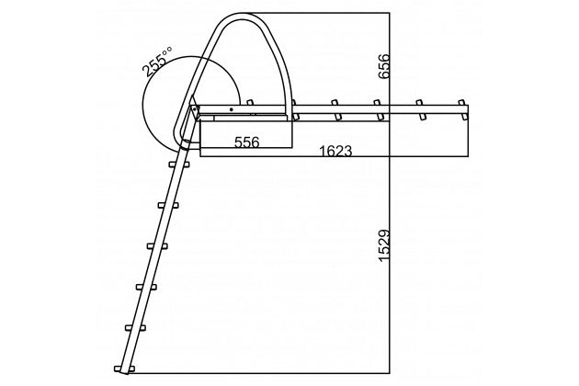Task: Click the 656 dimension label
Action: coord(384,66)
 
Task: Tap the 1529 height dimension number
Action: coord(384,245)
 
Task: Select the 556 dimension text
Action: coord(247,142)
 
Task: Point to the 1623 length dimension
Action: coord(335,151)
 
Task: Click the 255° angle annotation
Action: coord(156,62)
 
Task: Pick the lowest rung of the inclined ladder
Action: coord(124,369)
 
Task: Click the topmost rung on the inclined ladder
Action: coord(179,165)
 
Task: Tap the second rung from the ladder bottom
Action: coord(135,328)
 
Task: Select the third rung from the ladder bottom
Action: coord(146,287)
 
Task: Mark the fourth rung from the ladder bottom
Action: coord(157,246)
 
